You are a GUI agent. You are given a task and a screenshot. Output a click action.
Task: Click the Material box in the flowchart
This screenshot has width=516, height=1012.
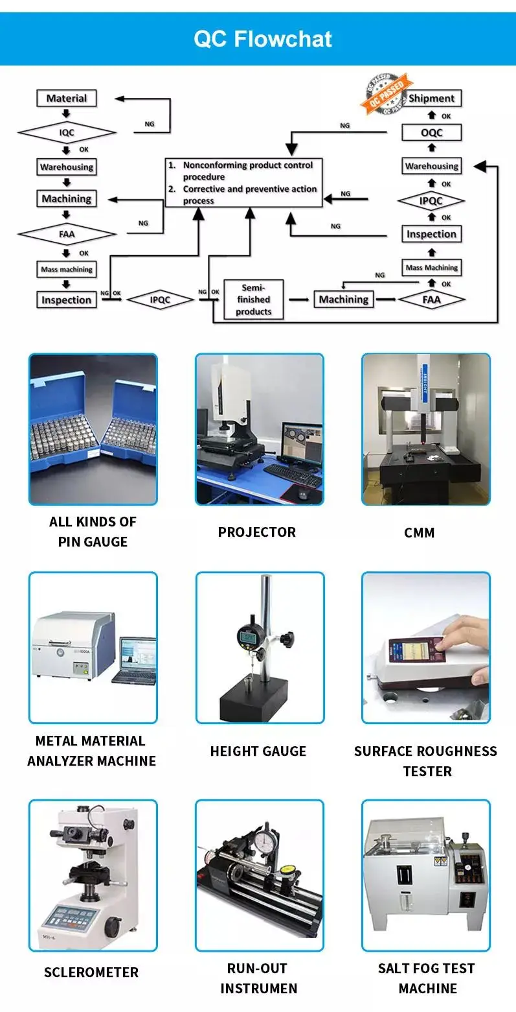pos(66,99)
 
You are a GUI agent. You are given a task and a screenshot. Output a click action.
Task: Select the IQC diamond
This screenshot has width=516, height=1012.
pos(67,133)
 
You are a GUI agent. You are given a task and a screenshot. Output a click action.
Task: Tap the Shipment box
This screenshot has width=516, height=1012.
pos(431,99)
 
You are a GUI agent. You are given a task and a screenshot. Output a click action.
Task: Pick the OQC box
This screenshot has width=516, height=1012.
pos(431,133)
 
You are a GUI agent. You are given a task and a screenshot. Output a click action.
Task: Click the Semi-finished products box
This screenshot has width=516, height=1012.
pos(253,300)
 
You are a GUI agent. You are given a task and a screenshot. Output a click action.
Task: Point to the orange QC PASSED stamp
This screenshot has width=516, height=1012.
pos(387,93)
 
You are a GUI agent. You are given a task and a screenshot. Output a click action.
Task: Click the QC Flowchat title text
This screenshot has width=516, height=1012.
pos(263,39)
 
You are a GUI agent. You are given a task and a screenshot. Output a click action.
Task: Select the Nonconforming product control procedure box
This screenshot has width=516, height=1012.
pos(243,183)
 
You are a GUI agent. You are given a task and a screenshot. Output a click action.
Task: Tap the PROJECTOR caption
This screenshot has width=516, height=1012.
pos(257,532)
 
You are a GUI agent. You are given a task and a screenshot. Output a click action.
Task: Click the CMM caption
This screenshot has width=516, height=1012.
pos(419,533)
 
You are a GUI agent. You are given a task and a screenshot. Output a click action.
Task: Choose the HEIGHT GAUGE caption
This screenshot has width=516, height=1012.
pos(258,751)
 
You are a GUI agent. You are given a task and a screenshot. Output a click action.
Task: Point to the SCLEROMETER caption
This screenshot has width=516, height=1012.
pos(91,972)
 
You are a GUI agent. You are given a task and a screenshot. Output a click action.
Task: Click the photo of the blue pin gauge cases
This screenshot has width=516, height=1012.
pos(93,429)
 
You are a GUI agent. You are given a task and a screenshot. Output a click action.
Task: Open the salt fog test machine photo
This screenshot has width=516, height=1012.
pos(425,875)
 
